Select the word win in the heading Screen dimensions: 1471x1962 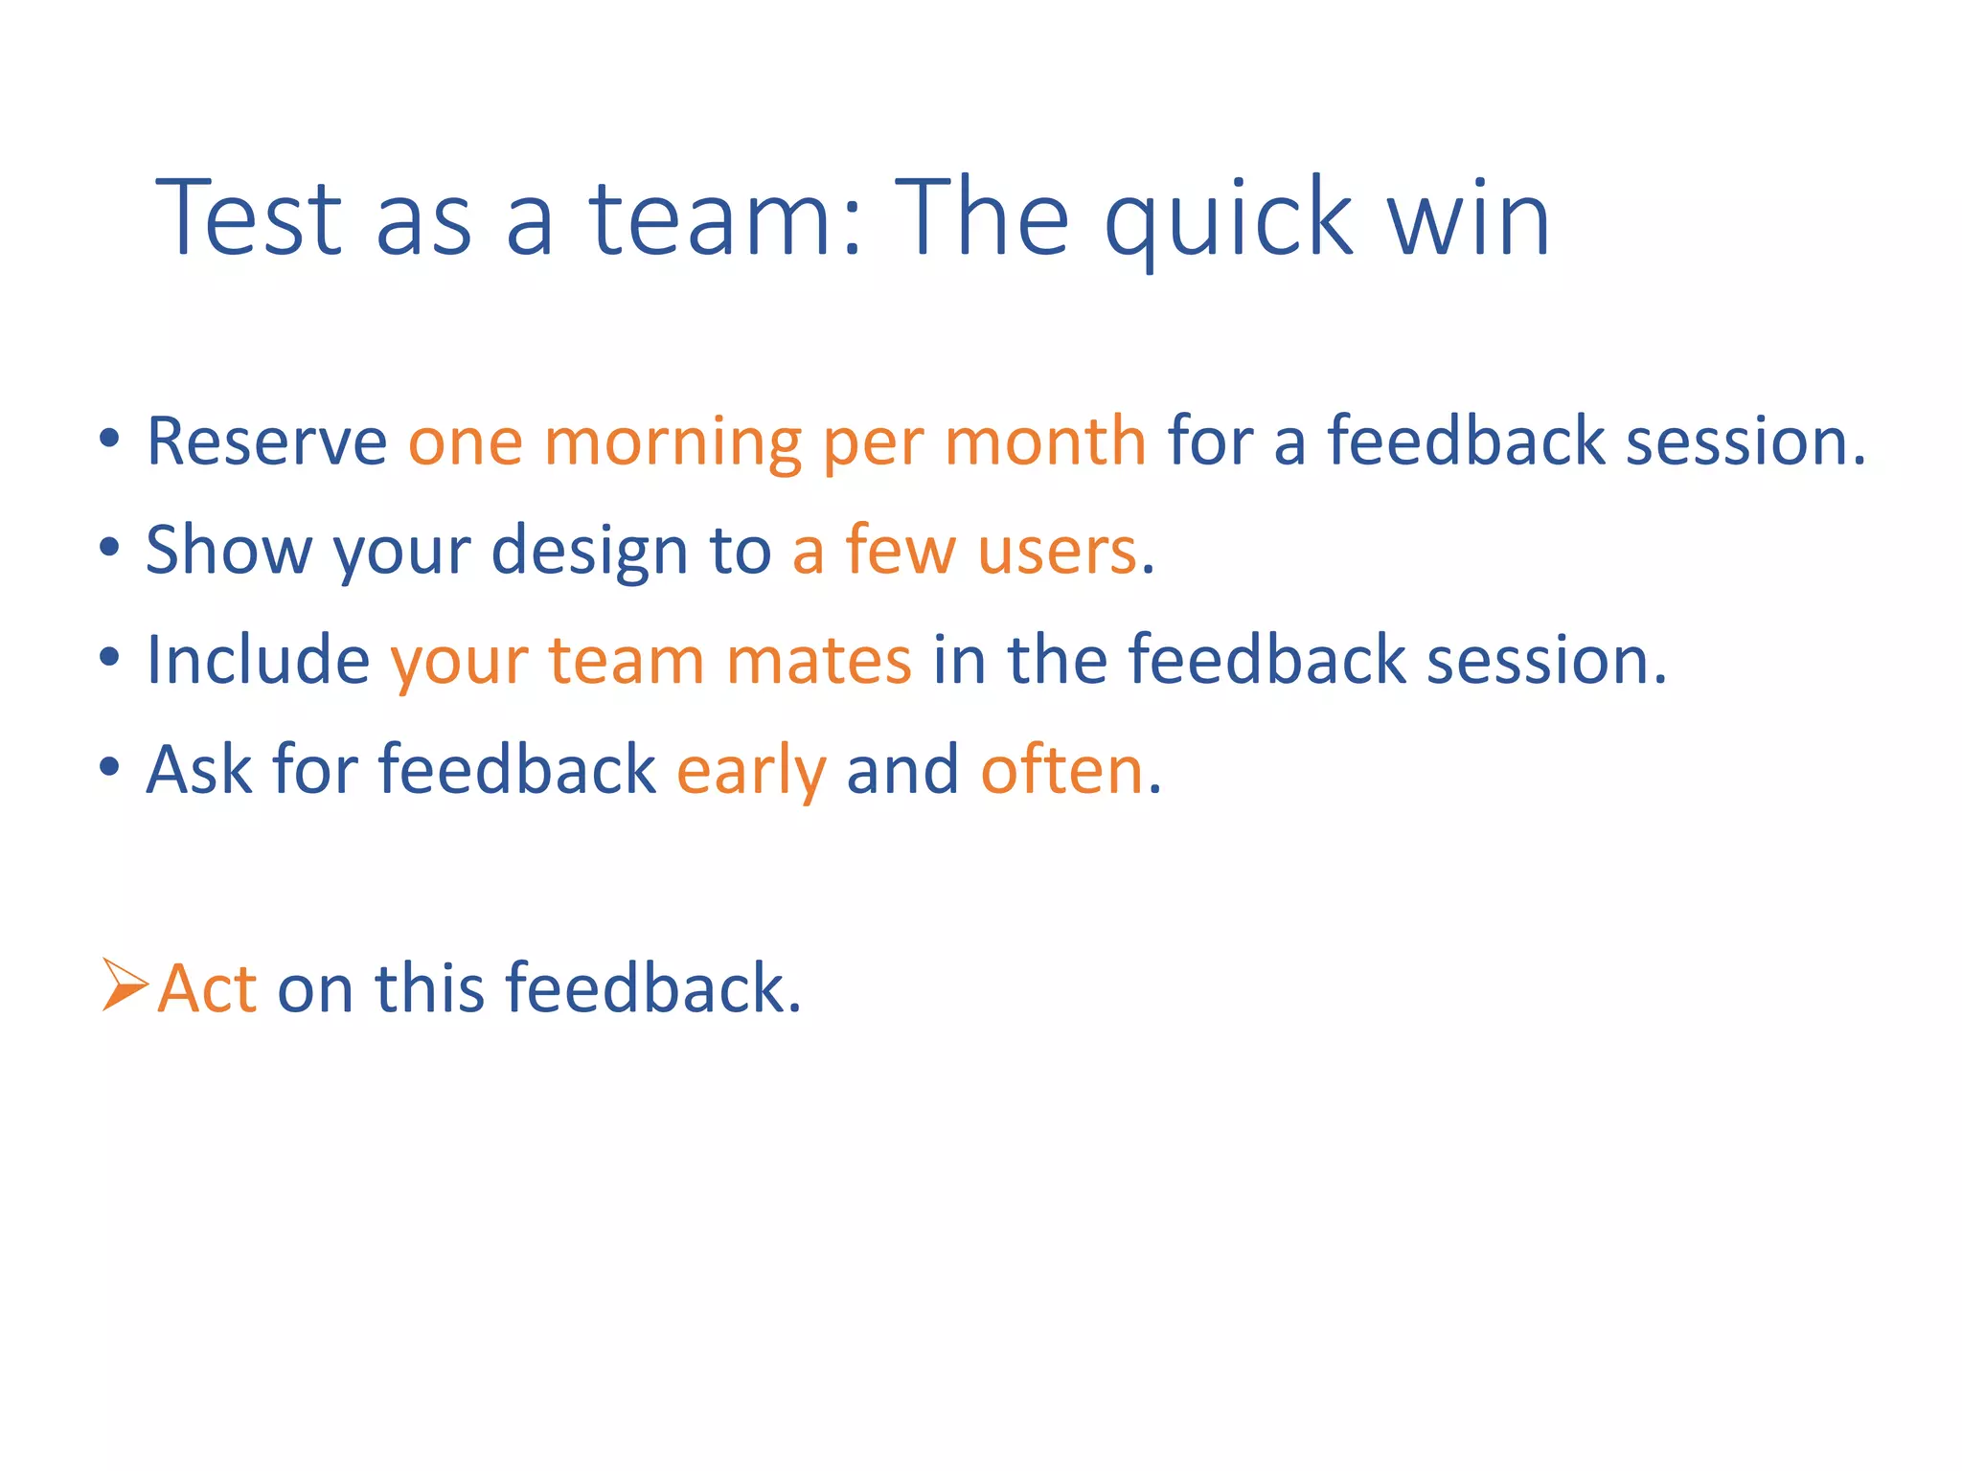tap(1469, 220)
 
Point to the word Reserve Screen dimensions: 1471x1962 tap(266, 442)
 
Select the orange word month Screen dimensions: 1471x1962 tap(1044, 442)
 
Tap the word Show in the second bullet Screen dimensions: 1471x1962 tap(228, 552)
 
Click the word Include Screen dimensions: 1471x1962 tap(258, 661)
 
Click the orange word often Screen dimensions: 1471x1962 tap(1061, 770)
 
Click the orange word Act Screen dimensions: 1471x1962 tap(207, 988)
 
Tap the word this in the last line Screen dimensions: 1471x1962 tap(429, 988)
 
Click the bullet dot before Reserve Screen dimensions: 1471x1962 tap(109, 440)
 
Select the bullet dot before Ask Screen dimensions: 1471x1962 tap(109, 767)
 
